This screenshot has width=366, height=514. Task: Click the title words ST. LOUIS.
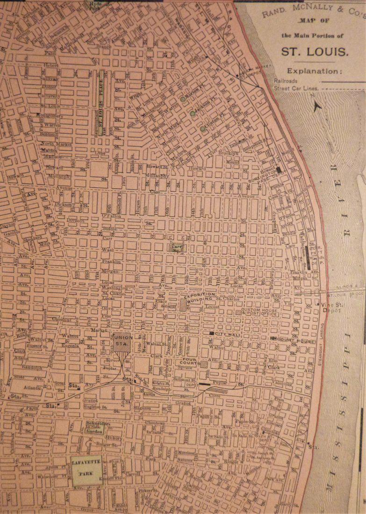click(x=315, y=50)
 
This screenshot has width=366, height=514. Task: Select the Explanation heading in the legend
click(x=314, y=71)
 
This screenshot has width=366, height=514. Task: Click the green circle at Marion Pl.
click(x=183, y=99)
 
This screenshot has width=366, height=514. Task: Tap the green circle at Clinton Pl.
click(x=202, y=128)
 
